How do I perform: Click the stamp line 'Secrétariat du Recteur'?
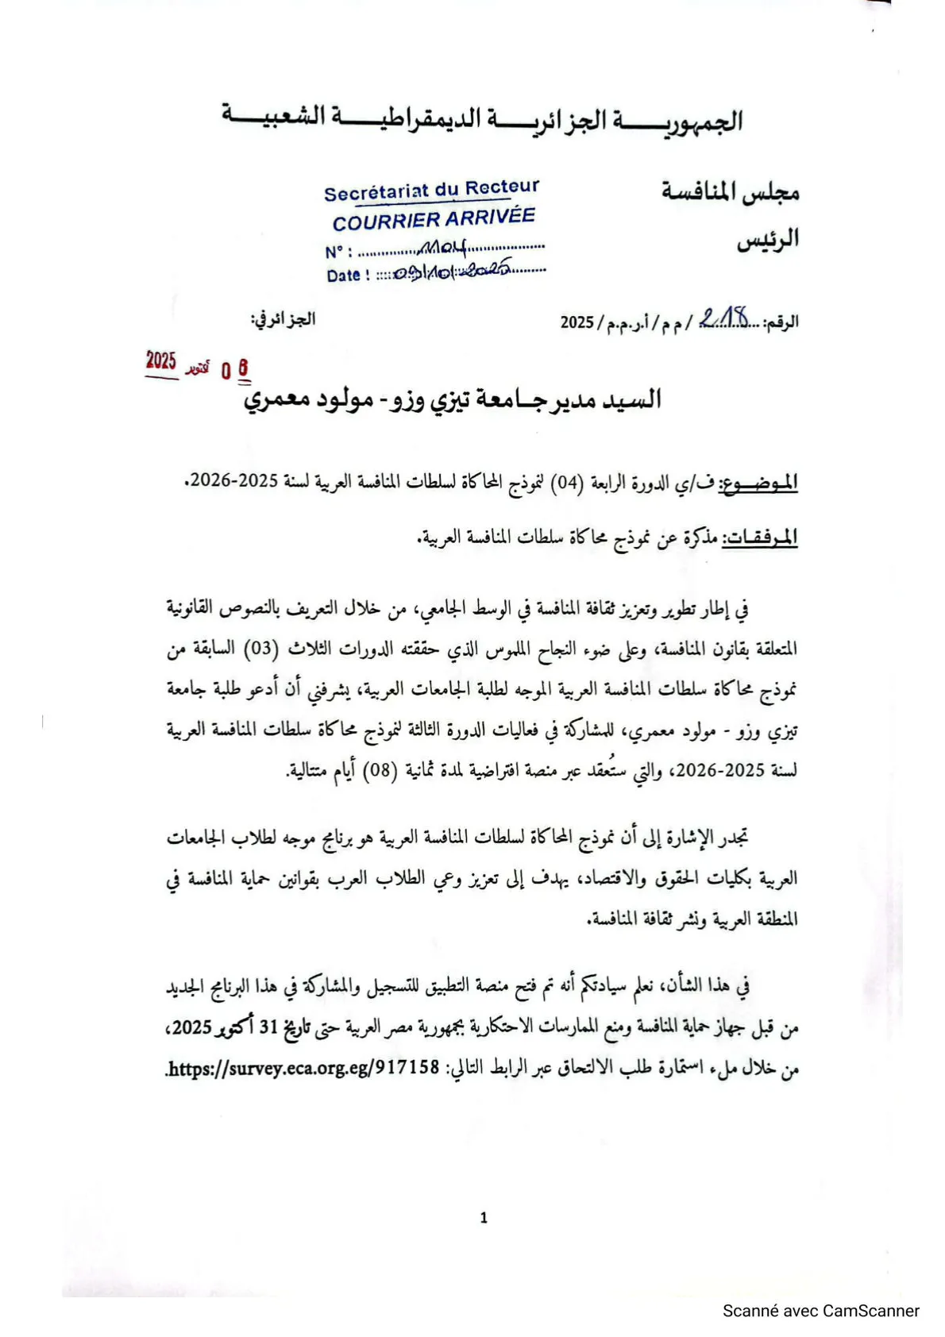[x=431, y=191]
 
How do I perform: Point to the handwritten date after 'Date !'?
[x=453, y=272]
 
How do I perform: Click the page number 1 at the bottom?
[x=484, y=1217]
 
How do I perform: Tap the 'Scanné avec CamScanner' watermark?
[x=820, y=1312]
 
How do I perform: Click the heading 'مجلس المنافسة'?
[x=730, y=192]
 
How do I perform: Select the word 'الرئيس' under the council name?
[x=767, y=240]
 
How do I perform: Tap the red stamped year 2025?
[x=161, y=361]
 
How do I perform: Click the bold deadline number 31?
[x=268, y=1027]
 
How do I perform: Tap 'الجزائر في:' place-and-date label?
[x=283, y=319]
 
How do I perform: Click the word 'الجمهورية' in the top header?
[x=699, y=121]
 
